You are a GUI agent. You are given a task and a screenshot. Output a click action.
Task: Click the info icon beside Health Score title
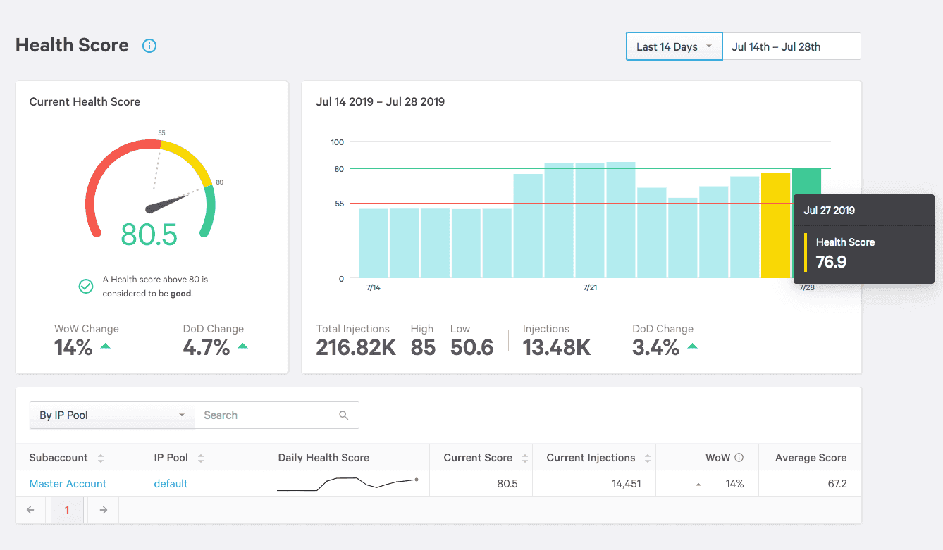[149, 46]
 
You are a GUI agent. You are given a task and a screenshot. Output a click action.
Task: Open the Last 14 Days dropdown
[674, 46]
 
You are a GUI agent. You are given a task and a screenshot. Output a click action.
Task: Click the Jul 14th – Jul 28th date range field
[791, 46]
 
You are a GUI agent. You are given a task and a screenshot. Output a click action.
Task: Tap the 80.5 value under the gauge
[149, 235]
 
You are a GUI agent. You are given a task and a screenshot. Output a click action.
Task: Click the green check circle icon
[86, 287]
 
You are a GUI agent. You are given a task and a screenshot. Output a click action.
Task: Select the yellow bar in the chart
[775, 225]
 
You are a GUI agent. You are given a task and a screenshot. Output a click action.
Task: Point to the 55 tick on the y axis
[339, 204]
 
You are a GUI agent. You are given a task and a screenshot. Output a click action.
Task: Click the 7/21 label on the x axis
[590, 287]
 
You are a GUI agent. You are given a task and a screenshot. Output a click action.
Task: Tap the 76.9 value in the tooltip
[831, 262]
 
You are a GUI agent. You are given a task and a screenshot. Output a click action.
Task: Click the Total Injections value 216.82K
[356, 347]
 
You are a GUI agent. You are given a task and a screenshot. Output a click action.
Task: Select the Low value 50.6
[471, 347]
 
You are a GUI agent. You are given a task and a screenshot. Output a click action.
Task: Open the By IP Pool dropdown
[112, 415]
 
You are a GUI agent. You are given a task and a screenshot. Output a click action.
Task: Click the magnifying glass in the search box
[343, 415]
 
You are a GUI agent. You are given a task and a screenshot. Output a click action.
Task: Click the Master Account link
[68, 484]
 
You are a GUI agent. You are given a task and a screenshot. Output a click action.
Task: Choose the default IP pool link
[171, 484]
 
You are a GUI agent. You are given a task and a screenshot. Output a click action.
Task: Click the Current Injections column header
[591, 458]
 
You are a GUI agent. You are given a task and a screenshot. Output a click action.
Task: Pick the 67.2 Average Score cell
[837, 484]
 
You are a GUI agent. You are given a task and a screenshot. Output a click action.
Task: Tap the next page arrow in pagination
[103, 510]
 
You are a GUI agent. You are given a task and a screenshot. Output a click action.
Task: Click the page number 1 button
[67, 510]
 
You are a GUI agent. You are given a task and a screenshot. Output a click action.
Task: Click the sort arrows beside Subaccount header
[101, 458]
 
